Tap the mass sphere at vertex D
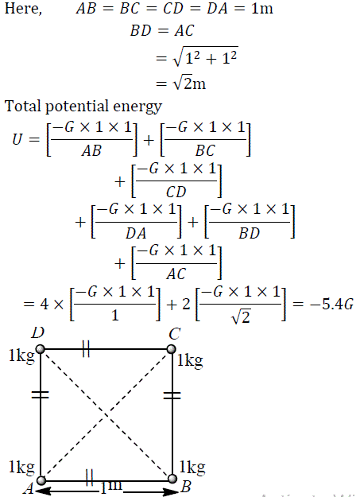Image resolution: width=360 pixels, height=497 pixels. [41, 349]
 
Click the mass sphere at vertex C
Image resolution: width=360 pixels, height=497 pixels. [172, 349]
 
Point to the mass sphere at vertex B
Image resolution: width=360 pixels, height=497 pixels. [172, 479]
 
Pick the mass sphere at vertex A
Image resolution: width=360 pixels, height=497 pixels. [41, 480]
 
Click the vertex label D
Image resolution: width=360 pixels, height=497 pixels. [37, 332]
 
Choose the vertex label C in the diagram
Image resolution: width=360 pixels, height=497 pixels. [175, 334]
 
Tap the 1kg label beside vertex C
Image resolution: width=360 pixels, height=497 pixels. [190, 361]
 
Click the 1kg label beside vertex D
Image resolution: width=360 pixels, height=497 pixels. [21, 355]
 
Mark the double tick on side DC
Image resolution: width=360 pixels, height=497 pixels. [86, 349]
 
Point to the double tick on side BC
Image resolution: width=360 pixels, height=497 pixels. [172, 395]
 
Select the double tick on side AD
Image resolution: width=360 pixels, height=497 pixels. [41, 394]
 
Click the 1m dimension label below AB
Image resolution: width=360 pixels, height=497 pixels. [111, 487]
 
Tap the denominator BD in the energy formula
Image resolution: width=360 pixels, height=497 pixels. [249, 233]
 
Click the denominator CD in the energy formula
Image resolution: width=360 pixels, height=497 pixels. [176, 192]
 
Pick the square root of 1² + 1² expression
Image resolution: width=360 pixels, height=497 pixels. [205, 56]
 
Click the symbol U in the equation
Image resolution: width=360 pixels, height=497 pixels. [17, 139]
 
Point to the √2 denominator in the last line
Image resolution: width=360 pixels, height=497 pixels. [241, 316]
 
